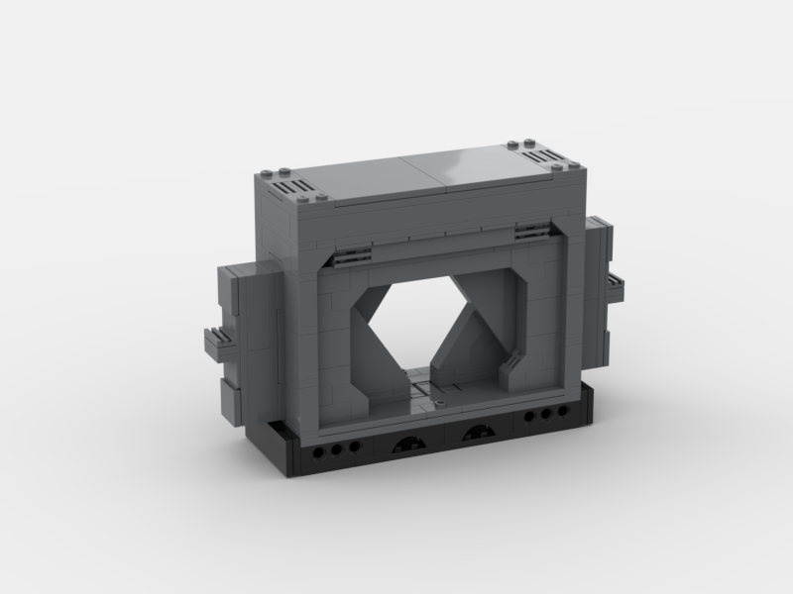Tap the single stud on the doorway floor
coord(437,404)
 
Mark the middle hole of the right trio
coord(543,414)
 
